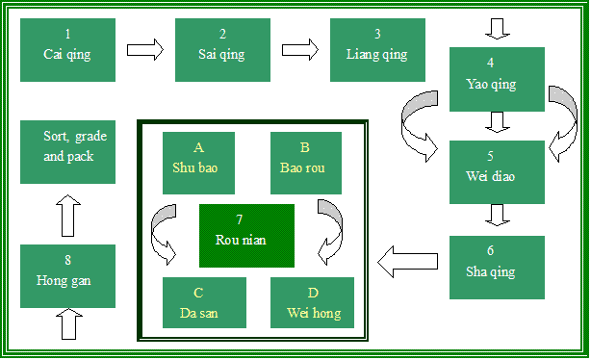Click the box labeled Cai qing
pyautogui.click(x=67, y=49)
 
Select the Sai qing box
pyautogui.click(x=223, y=49)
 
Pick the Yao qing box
pyautogui.click(x=497, y=79)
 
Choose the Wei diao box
pyautogui.click(x=497, y=172)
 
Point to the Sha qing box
pyautogui.click(x=497, y=267)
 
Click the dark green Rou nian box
pyautogui.click(x=246, y=236)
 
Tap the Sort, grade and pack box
pyautogui.click(x=67, y=152)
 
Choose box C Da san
pyautogui.click(x=204, y=302)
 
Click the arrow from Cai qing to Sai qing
pyautogui.click(x=145, y=49)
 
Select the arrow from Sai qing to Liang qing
pyautogui.click(x=300, y=49)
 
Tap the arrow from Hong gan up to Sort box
pyautogui.click(x=66, y=215)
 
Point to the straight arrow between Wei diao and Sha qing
pyautogui.click(x=497, y=214)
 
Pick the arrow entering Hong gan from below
pyautogui.click(x=66, y=324)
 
